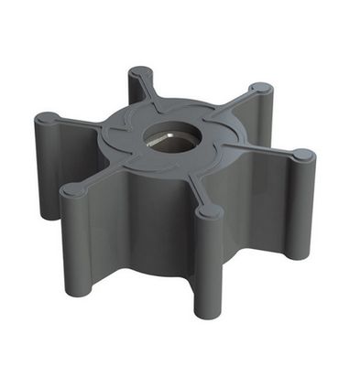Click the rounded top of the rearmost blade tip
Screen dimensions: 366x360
click(140, 72)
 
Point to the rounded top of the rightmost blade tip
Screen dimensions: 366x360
click(303, 156)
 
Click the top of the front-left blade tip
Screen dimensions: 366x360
click(72, 189)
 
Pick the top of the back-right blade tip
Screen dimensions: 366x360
click(261, 90)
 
